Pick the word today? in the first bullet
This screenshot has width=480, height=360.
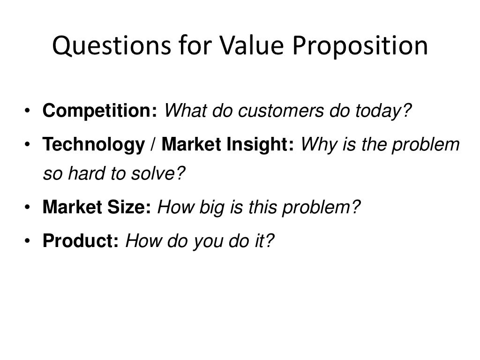[382, 112]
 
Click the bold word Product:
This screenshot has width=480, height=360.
[81, 241]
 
